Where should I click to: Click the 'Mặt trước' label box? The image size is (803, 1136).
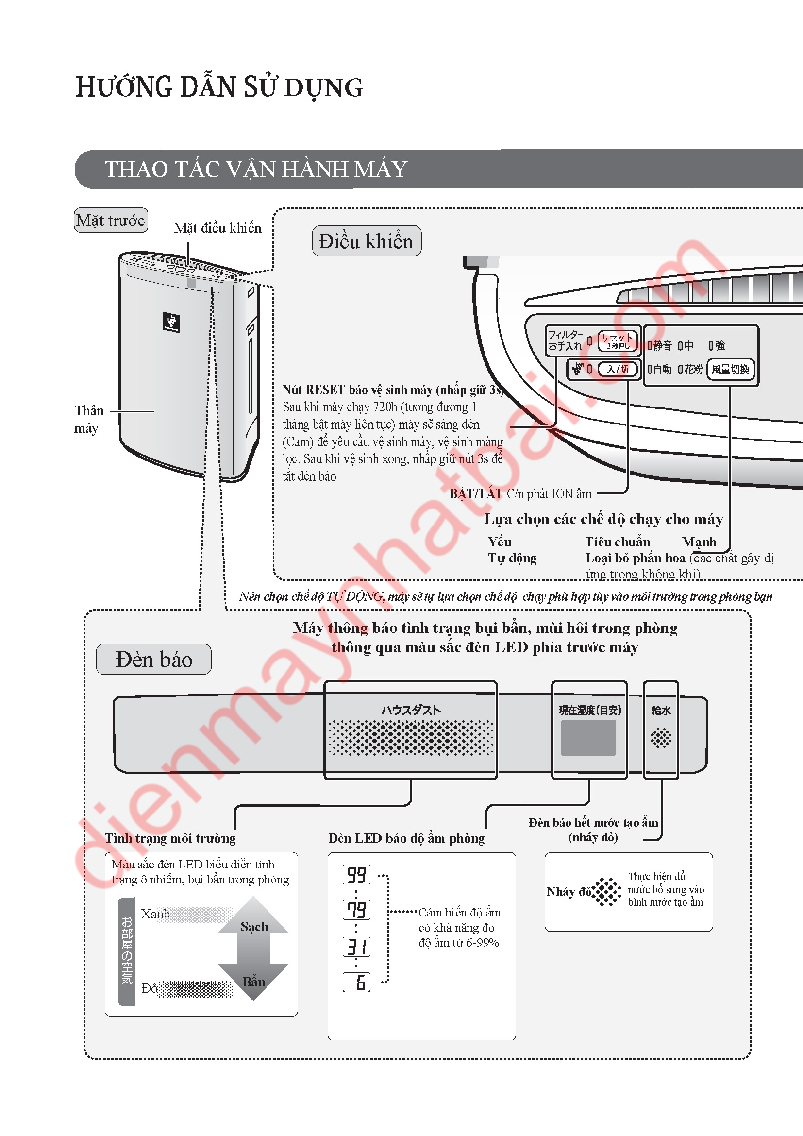click(111, 220)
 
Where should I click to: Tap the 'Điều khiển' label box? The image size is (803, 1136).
click(367, 241)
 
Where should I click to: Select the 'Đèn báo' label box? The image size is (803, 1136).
click(154, 660)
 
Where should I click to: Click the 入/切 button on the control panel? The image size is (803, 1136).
click(618, 369)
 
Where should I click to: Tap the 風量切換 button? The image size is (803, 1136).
click(730, 369)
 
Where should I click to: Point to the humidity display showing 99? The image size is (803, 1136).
click(356, 875)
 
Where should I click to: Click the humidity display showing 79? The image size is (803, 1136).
click(356, 909)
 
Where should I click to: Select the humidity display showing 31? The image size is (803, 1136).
click(356, 947)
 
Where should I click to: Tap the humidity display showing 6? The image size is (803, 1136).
click(356, 982)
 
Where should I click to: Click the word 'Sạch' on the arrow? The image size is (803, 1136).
click(254, 927)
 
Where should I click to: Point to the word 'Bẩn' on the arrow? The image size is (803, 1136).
click(253, 982)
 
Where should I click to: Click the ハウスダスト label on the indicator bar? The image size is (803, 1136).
click(410, 711)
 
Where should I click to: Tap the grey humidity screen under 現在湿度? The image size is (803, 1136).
click(588, 738)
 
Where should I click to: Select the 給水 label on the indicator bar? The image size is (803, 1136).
click(661, 711)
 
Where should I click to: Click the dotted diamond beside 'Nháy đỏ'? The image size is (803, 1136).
click(607, 892)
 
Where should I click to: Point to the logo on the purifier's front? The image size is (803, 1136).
click(171, 322)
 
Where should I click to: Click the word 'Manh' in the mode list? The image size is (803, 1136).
click(699, 543)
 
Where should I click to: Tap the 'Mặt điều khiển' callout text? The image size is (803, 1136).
click(217, 228)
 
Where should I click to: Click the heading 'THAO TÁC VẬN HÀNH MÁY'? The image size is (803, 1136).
click(256, 169)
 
